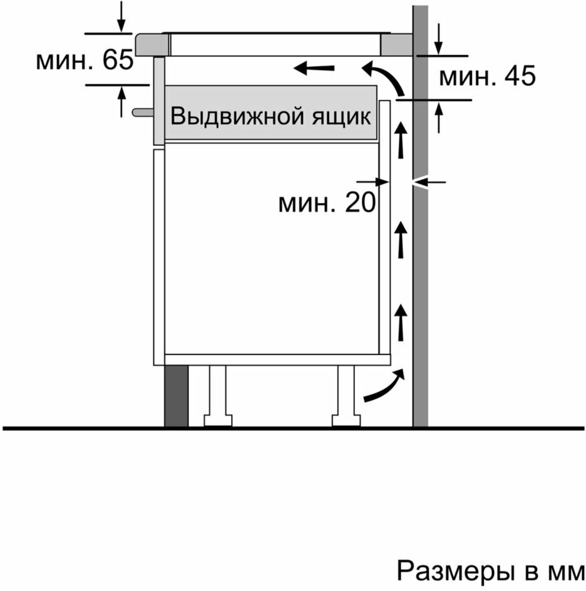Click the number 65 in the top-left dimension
(x=116, y=61)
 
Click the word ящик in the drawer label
(x=342, y=117)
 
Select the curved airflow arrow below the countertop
(x=383, y=76)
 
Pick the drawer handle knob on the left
(x=141, y=112)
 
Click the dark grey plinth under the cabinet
(x=176, y=396)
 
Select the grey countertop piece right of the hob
(x=396, y=44)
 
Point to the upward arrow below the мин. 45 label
(x=440, y=117)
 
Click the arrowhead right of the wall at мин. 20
(x=423, y=182)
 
